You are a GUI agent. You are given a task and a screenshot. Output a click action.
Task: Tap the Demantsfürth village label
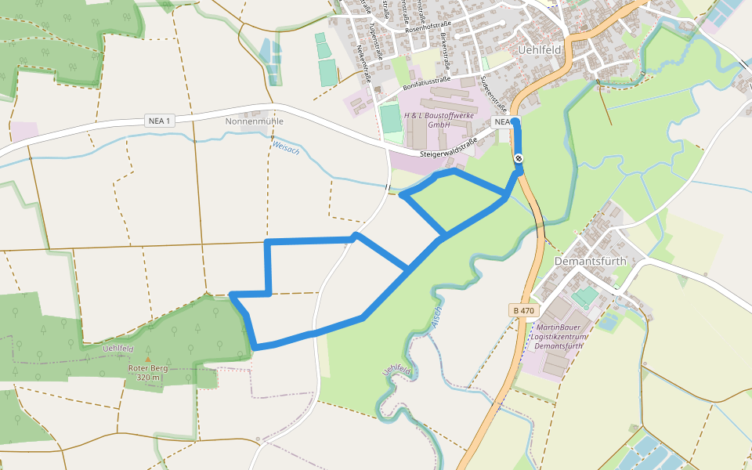(591, 261)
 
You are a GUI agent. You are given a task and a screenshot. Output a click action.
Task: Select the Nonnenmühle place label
(254, 121)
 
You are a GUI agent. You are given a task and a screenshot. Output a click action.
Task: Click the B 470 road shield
(524, 311)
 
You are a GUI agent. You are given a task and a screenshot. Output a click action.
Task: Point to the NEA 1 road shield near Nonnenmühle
(159, 121)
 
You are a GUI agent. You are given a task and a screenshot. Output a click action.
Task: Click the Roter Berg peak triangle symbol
(147, 360)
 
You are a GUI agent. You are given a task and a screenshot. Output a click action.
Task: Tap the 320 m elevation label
(148, 378)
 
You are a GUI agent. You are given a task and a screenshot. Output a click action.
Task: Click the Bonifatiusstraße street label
(429, 85)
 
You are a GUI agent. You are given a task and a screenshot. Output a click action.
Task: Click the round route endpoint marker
(519, 159)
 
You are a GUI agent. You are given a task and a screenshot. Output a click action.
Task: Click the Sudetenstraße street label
(495, 92)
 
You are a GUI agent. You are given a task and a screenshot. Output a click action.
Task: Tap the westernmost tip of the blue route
(232, 295)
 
